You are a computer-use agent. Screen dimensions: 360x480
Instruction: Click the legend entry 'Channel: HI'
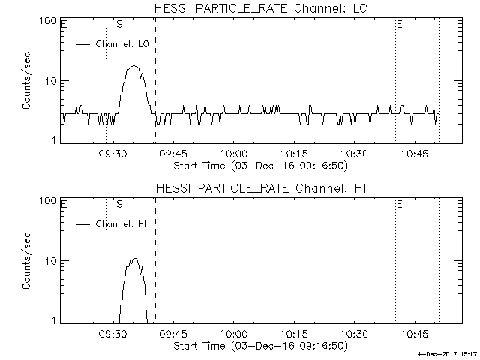click(x=124, y=224)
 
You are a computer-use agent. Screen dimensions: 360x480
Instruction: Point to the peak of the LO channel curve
click(x=134, y=66)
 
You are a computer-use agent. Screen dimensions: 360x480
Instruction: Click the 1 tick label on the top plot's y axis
click(x=55, y=140)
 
